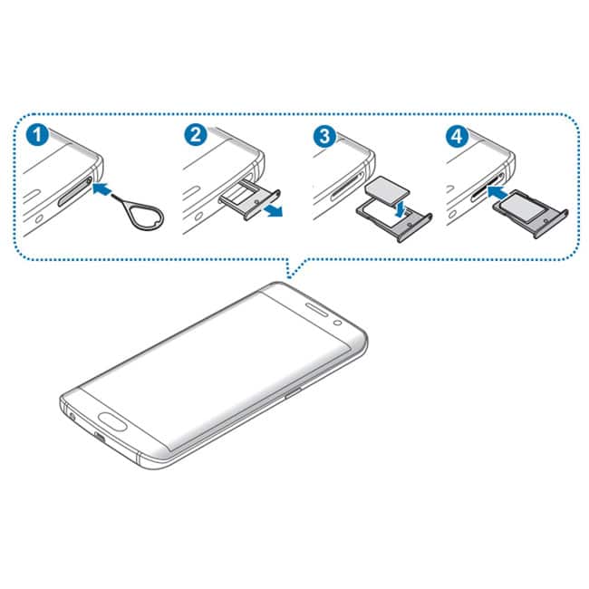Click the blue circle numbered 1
37,134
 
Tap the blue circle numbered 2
196,134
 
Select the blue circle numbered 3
325,136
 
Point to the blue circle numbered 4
457,136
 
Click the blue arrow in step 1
101,188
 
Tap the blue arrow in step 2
273,211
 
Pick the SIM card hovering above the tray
387,189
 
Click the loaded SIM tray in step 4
530,213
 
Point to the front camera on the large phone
337,323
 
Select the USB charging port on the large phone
100,438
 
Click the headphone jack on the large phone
72,416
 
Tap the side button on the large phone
293,393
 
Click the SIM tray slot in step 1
74,191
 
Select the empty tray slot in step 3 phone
348,187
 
